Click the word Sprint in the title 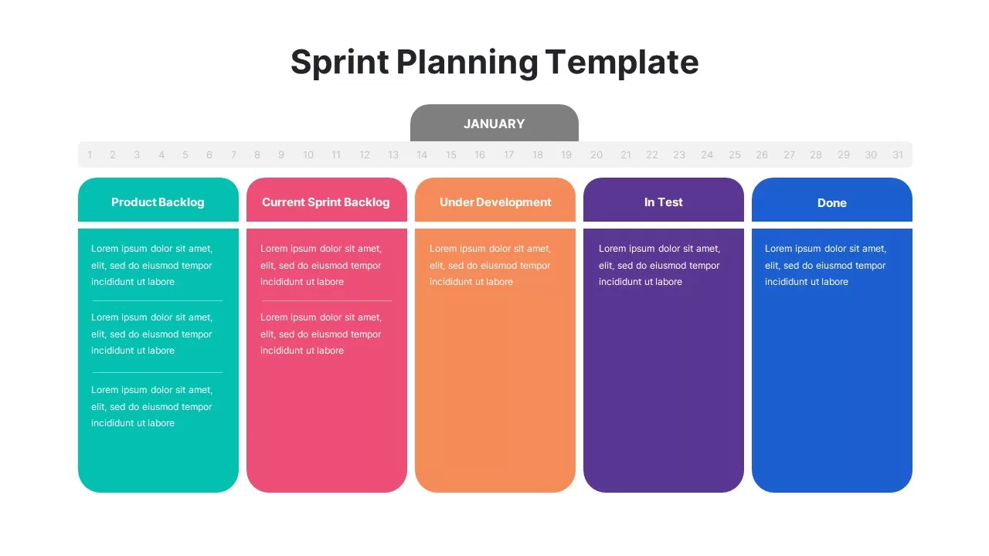(339, 63)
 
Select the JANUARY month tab (494, 124)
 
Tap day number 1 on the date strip (90, 155)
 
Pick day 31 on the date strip (898, 155)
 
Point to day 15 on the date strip (450, 155)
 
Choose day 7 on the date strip (233, 155)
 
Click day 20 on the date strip (596, 155)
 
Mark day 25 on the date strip (735, 155)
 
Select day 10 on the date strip (308, 155)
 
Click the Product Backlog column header (158, 202)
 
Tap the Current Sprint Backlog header (326, 202)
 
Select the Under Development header (495, 202)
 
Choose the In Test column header (664, 202)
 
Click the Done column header (832, 203)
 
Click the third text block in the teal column (151, 406)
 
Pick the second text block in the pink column (321, 334)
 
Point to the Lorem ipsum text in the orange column (490, 265)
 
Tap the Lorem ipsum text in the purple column (659, 265)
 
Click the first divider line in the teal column (158, 300)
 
